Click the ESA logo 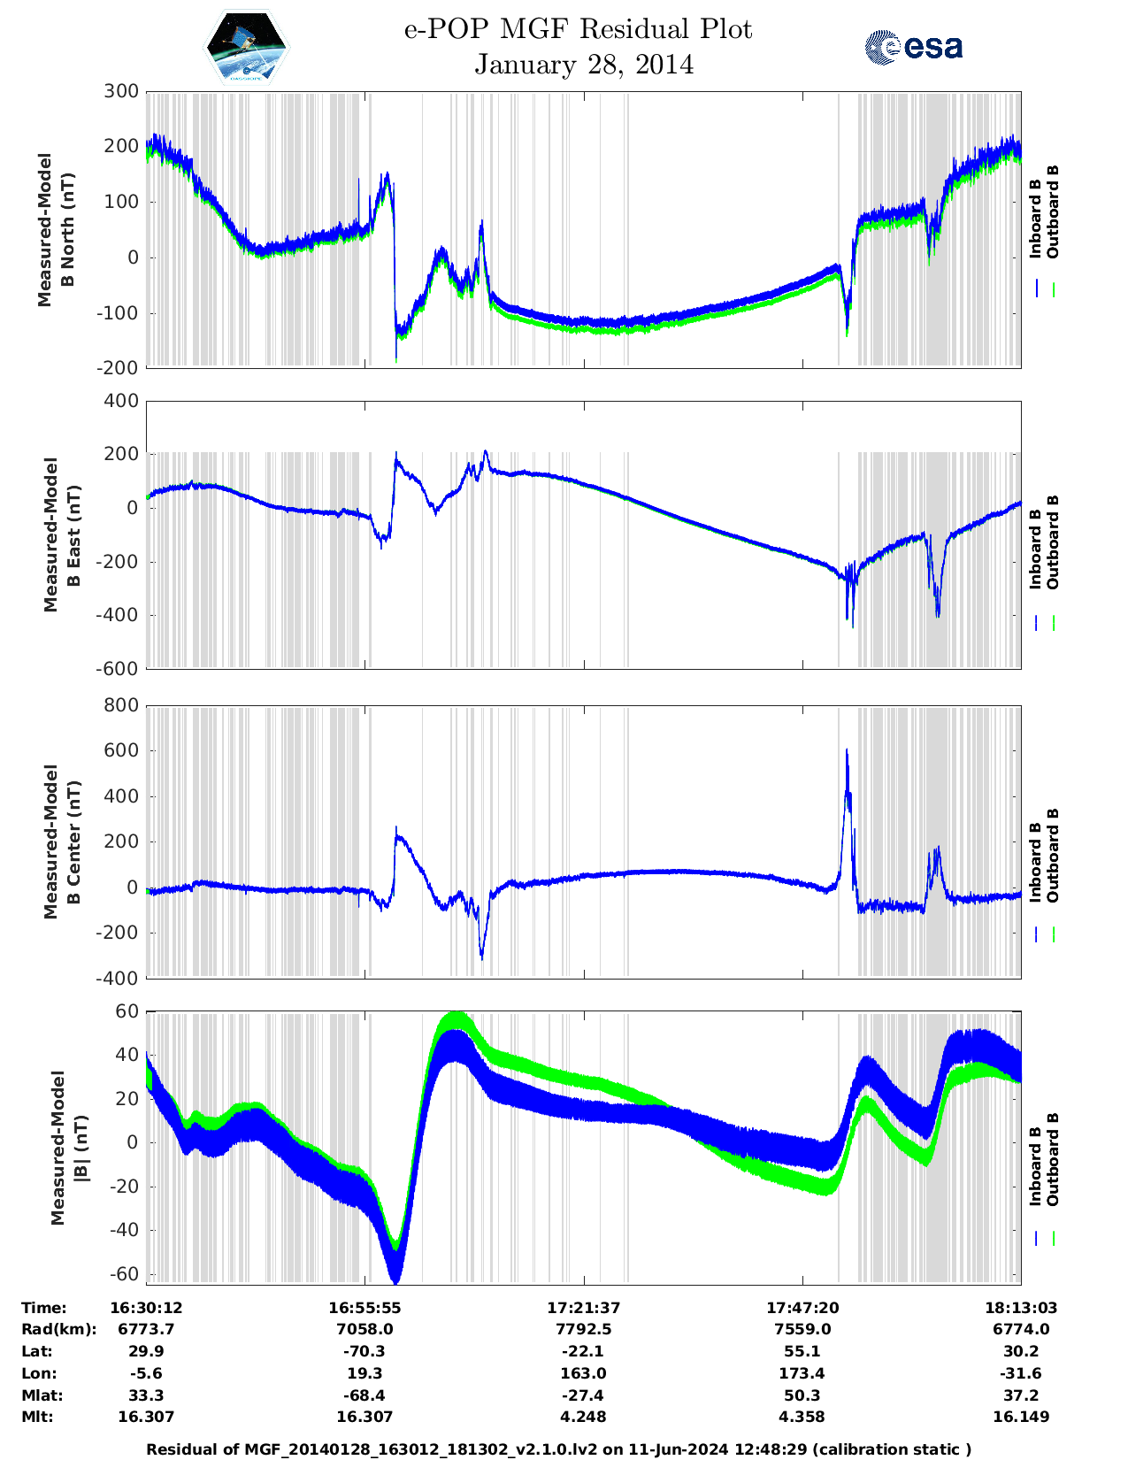tap(913, 47)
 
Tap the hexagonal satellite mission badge tap(247, 47)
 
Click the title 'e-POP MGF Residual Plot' tap(578, 29)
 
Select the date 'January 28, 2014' tap(584, 65)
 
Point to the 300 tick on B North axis tap(121, 91)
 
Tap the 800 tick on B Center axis tap(121, 705)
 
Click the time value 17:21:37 tap(583, 1307)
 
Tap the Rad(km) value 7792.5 tap(583, 1329)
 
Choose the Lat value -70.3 tap(364, 1351)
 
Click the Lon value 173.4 tap(802, 1373)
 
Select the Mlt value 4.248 tap(583, 1417)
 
